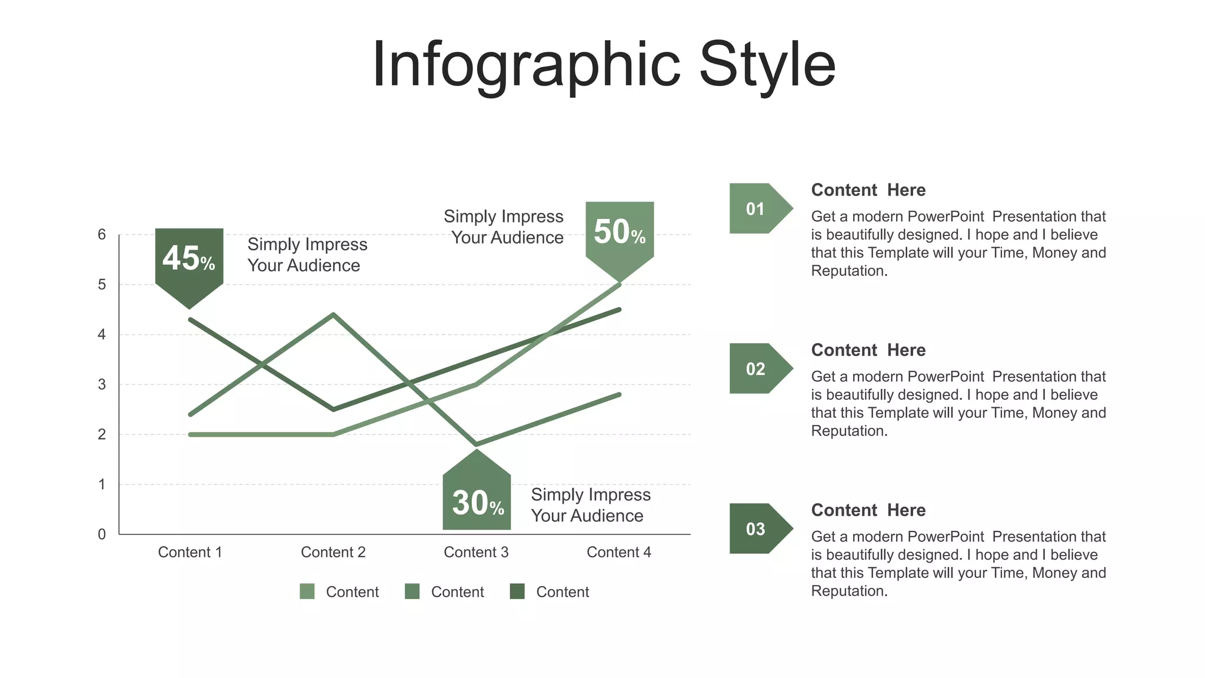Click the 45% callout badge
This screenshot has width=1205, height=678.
[x=189, y=262]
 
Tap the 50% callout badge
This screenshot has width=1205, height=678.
[x=620, y=235]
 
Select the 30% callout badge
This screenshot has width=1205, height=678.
[x=477, y=497]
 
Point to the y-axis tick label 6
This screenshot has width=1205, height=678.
[x=102, y=235]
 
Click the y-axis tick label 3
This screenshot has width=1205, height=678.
[x=102, y=384]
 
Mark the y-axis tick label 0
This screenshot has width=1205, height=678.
[x=102, y=534]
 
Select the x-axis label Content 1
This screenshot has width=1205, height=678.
[x=190, y=552]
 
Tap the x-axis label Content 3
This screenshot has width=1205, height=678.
[x=476, y=552]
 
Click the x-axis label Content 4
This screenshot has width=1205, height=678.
[x=619, y=552]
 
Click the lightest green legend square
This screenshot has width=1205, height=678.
[x=307, y=591]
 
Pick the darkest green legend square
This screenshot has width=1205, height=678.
[x=517, y=591]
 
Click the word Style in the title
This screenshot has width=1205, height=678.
[x=767, y=65]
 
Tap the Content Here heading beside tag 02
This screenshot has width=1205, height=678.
[x=868, y=350]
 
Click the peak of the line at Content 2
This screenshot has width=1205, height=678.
[x=334, y=315]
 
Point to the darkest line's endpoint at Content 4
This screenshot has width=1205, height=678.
[x=619, y=310]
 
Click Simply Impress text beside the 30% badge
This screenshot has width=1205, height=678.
[x=591, y=494]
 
